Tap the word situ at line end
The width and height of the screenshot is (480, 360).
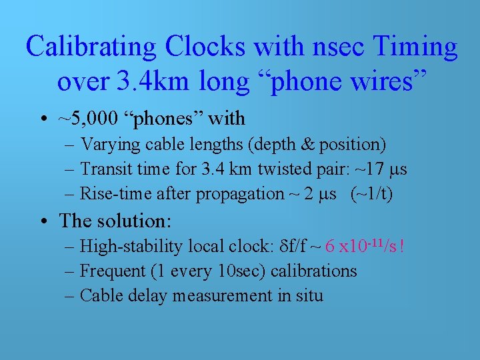(308, 295)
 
